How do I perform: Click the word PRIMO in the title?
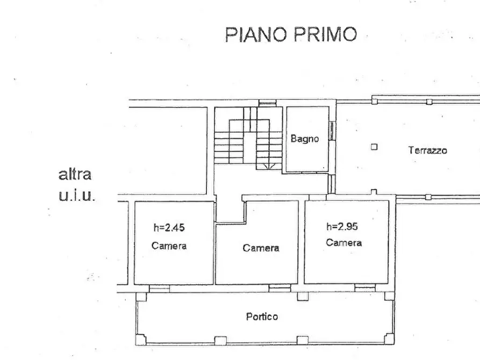coord(326,34)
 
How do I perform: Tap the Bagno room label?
coord(305,139)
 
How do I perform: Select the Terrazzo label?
coord(427,150)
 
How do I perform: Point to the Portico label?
coord(262,316)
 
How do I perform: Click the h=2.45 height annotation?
coord(169,227)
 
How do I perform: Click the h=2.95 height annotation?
coord(342,226)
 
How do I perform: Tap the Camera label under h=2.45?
coord(169,246)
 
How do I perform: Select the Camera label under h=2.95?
coord(343,243)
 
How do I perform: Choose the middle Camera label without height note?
coord(261,248)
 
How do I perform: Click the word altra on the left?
coord(75,175)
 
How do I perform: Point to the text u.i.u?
coord(76,195)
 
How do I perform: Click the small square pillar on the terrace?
coord(374,147)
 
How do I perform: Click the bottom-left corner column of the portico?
coord(140,340)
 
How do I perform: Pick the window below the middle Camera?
coord(279,289)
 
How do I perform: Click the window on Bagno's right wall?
coord(332,130)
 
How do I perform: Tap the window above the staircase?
coord(267,103)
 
